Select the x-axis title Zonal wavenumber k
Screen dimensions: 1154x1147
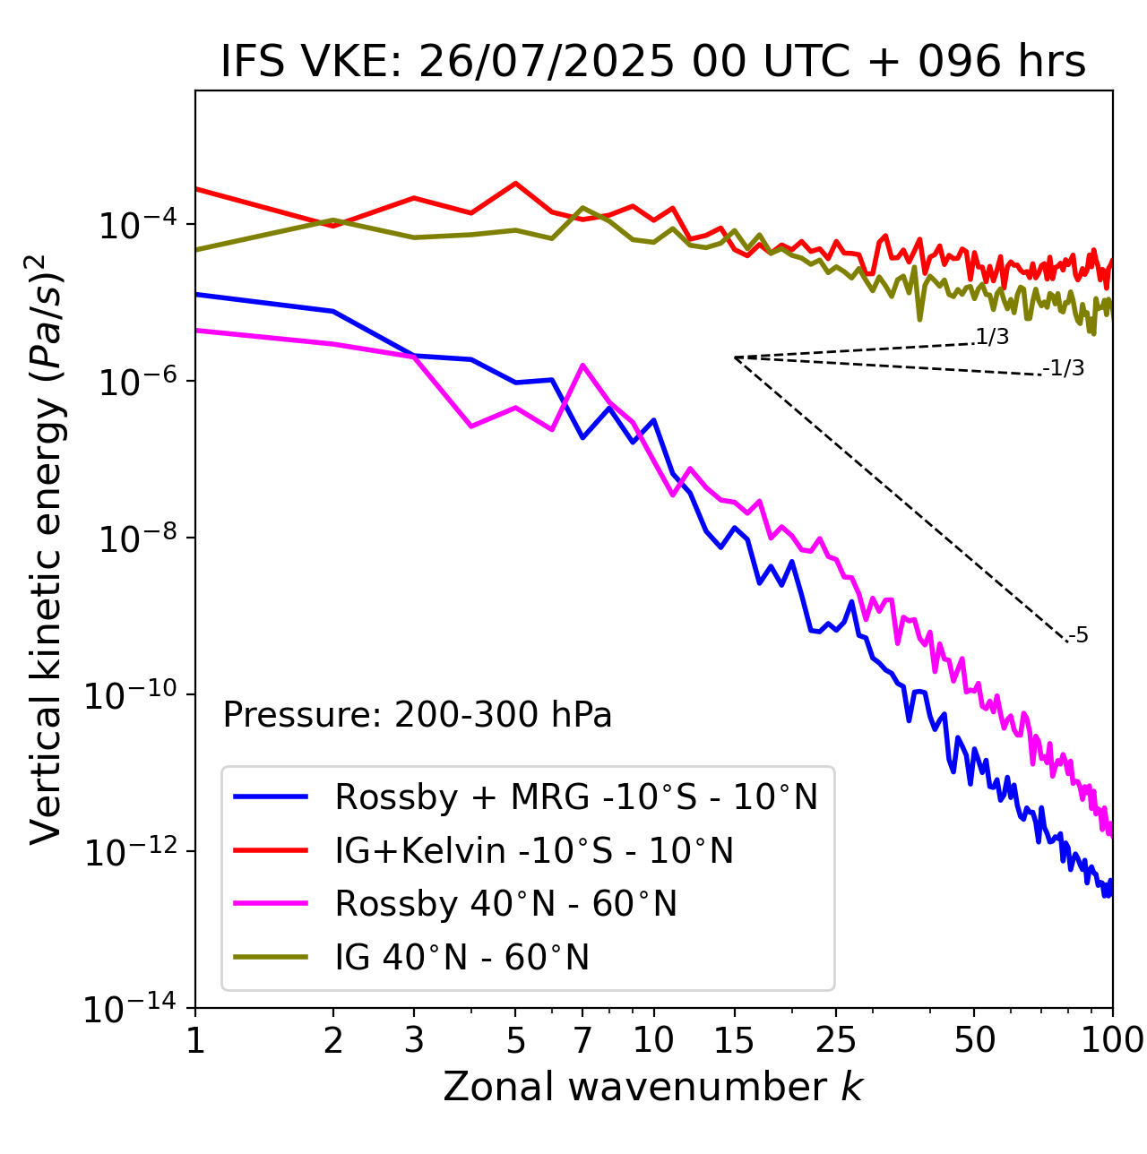[652, 1086]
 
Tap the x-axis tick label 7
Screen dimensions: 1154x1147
[582, 1039]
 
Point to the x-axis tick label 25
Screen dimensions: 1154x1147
[835, 1039]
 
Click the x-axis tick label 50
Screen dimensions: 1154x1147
[974, 1039]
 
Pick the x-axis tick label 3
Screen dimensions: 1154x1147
[414, 1039]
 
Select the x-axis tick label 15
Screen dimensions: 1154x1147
[734, 1039]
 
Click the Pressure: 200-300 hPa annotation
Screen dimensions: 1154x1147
[417, 715]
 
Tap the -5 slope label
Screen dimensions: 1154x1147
[1078, 635]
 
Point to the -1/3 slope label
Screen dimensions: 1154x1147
[1064, 367]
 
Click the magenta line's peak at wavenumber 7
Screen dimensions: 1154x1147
[582, 365]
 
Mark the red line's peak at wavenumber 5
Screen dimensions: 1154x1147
[515, 183]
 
